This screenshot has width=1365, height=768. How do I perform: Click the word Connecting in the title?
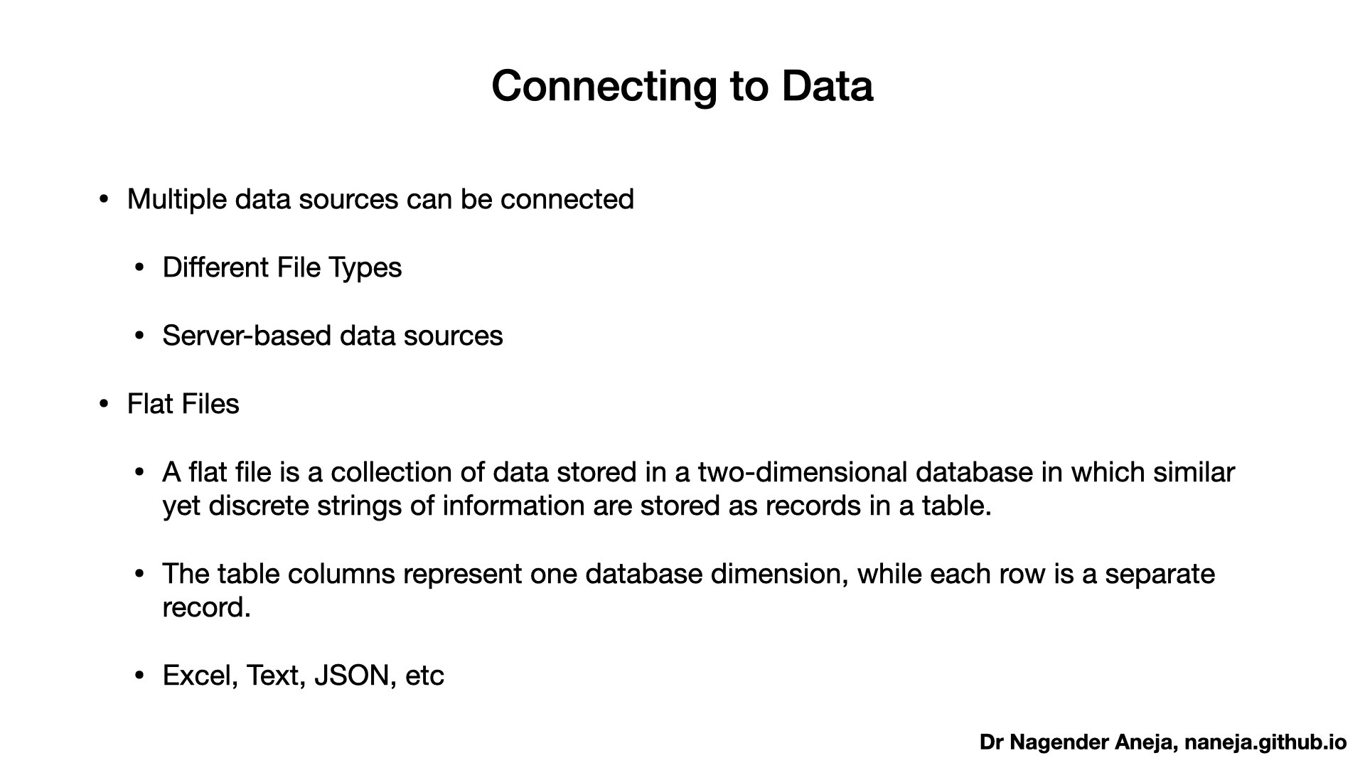pyautogui.click(x=604, y=87)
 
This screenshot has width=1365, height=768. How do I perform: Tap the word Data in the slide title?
pyautogui.click(x=827, y=86)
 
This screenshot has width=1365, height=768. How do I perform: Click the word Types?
pyautogui.click(x=365, y=268)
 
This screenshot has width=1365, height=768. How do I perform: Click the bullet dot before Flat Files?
pyautogui.click(x=105, y=405)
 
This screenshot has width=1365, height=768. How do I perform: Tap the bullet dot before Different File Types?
pyautogui.click(x=140, y=268)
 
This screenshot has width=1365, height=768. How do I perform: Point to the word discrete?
pyautogui.click(x=259, y=506)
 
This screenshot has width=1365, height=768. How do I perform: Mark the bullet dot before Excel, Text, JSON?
pyautogui.click(x=140, y=676)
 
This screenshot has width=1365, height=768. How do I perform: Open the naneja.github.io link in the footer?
pyautogui.click(x=1265, y=743)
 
